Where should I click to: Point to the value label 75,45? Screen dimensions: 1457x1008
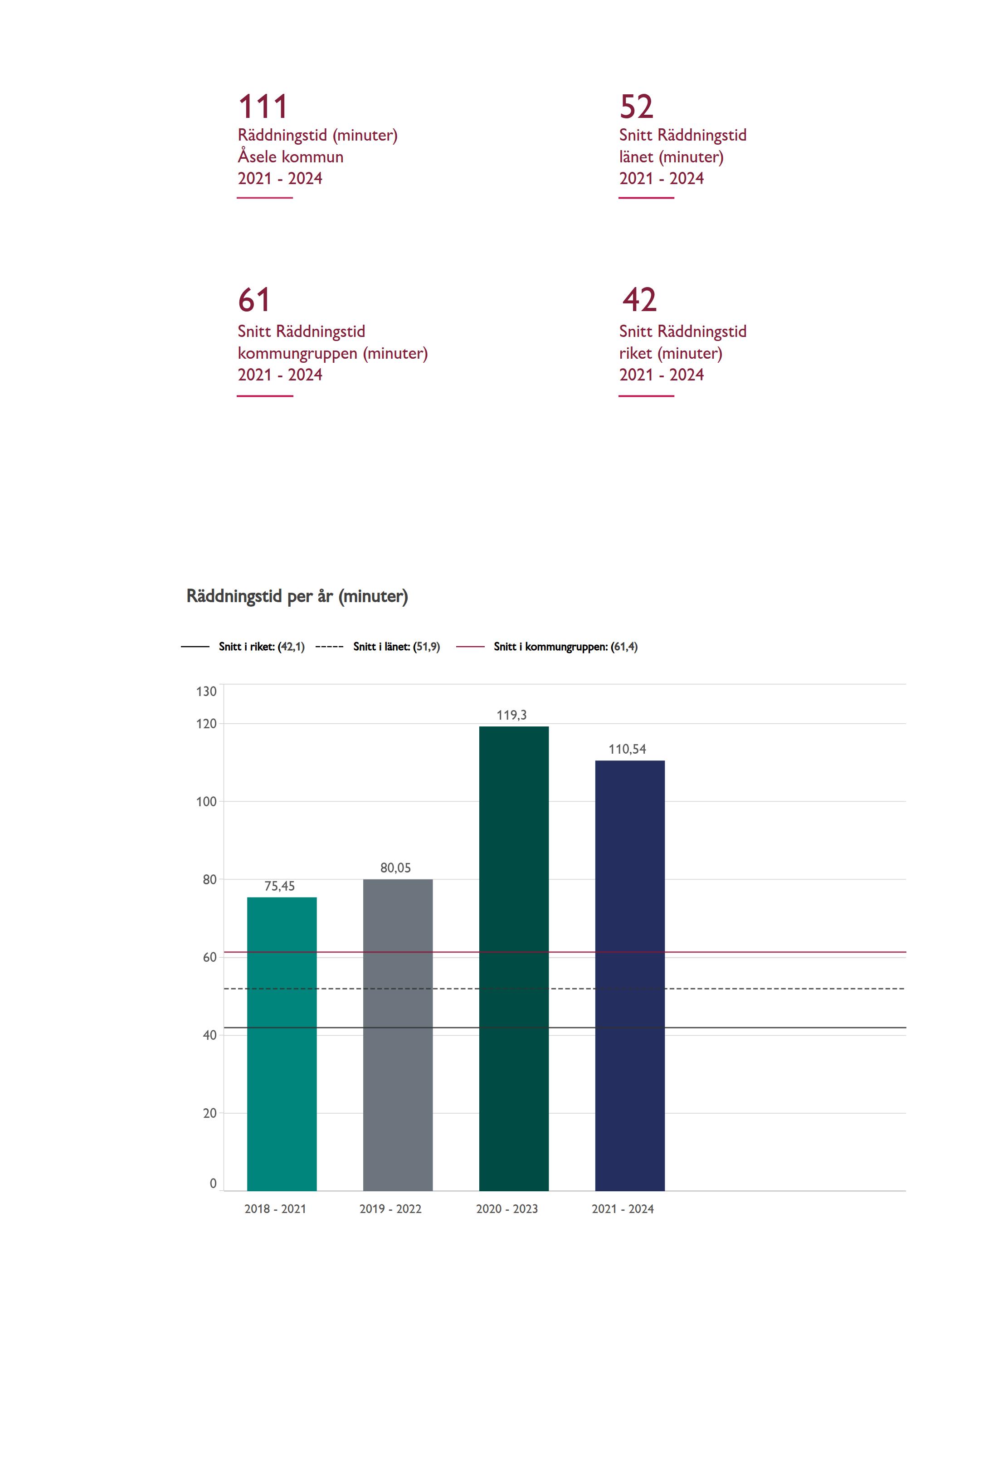(279, 886)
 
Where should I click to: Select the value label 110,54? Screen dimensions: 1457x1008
(627, 749)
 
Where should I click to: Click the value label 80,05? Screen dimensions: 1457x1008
(395, 868)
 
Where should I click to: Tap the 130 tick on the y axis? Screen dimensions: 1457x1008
(206, 692)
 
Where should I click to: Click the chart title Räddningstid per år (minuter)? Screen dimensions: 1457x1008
(297, 596)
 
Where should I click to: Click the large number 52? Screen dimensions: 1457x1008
(636, 106)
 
